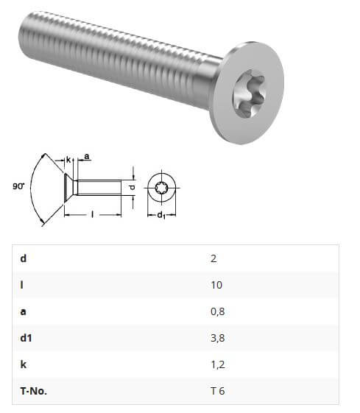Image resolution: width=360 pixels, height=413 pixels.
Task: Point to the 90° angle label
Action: pyautogui.click(x=18, y=187)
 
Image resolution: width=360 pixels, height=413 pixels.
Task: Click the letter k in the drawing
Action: pyautogui.click(x=67, y=160)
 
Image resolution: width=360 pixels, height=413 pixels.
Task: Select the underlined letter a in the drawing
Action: pyautogui.click(x=88, y=157)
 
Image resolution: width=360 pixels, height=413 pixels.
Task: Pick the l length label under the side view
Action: pyautogui.click(x=91, y=214)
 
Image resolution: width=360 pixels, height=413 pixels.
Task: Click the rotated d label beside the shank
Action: pyautogui.click(x=132, y=188)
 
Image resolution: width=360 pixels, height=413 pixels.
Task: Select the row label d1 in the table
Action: pyautogui.click(x=27, y=338)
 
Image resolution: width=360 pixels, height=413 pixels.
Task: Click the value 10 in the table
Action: pyautogui.click(x=216, y=285)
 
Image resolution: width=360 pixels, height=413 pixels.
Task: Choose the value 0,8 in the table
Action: pyautogui.click(x=217, y=311)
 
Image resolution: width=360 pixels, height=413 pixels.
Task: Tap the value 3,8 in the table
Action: pyautogui.click(x=217, y=338)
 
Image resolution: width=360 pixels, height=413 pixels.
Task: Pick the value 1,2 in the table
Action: pyautogui.click(x=216, y=364)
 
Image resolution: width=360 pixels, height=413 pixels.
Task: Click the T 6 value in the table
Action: pyautogui.click(x=217, y=391)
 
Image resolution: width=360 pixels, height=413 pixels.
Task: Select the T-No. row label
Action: pyautogui.click(x=34, y=391)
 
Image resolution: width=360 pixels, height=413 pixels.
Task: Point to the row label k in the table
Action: pyautogui.click(x=24, y=364)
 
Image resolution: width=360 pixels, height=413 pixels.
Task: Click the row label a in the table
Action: pyautogui.click(x=24, y=311)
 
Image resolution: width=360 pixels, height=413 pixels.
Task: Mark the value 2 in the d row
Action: pyautogui.click(x=213, y=258)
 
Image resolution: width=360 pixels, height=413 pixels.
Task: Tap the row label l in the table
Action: pyautogui.click(x=23, y=285)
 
